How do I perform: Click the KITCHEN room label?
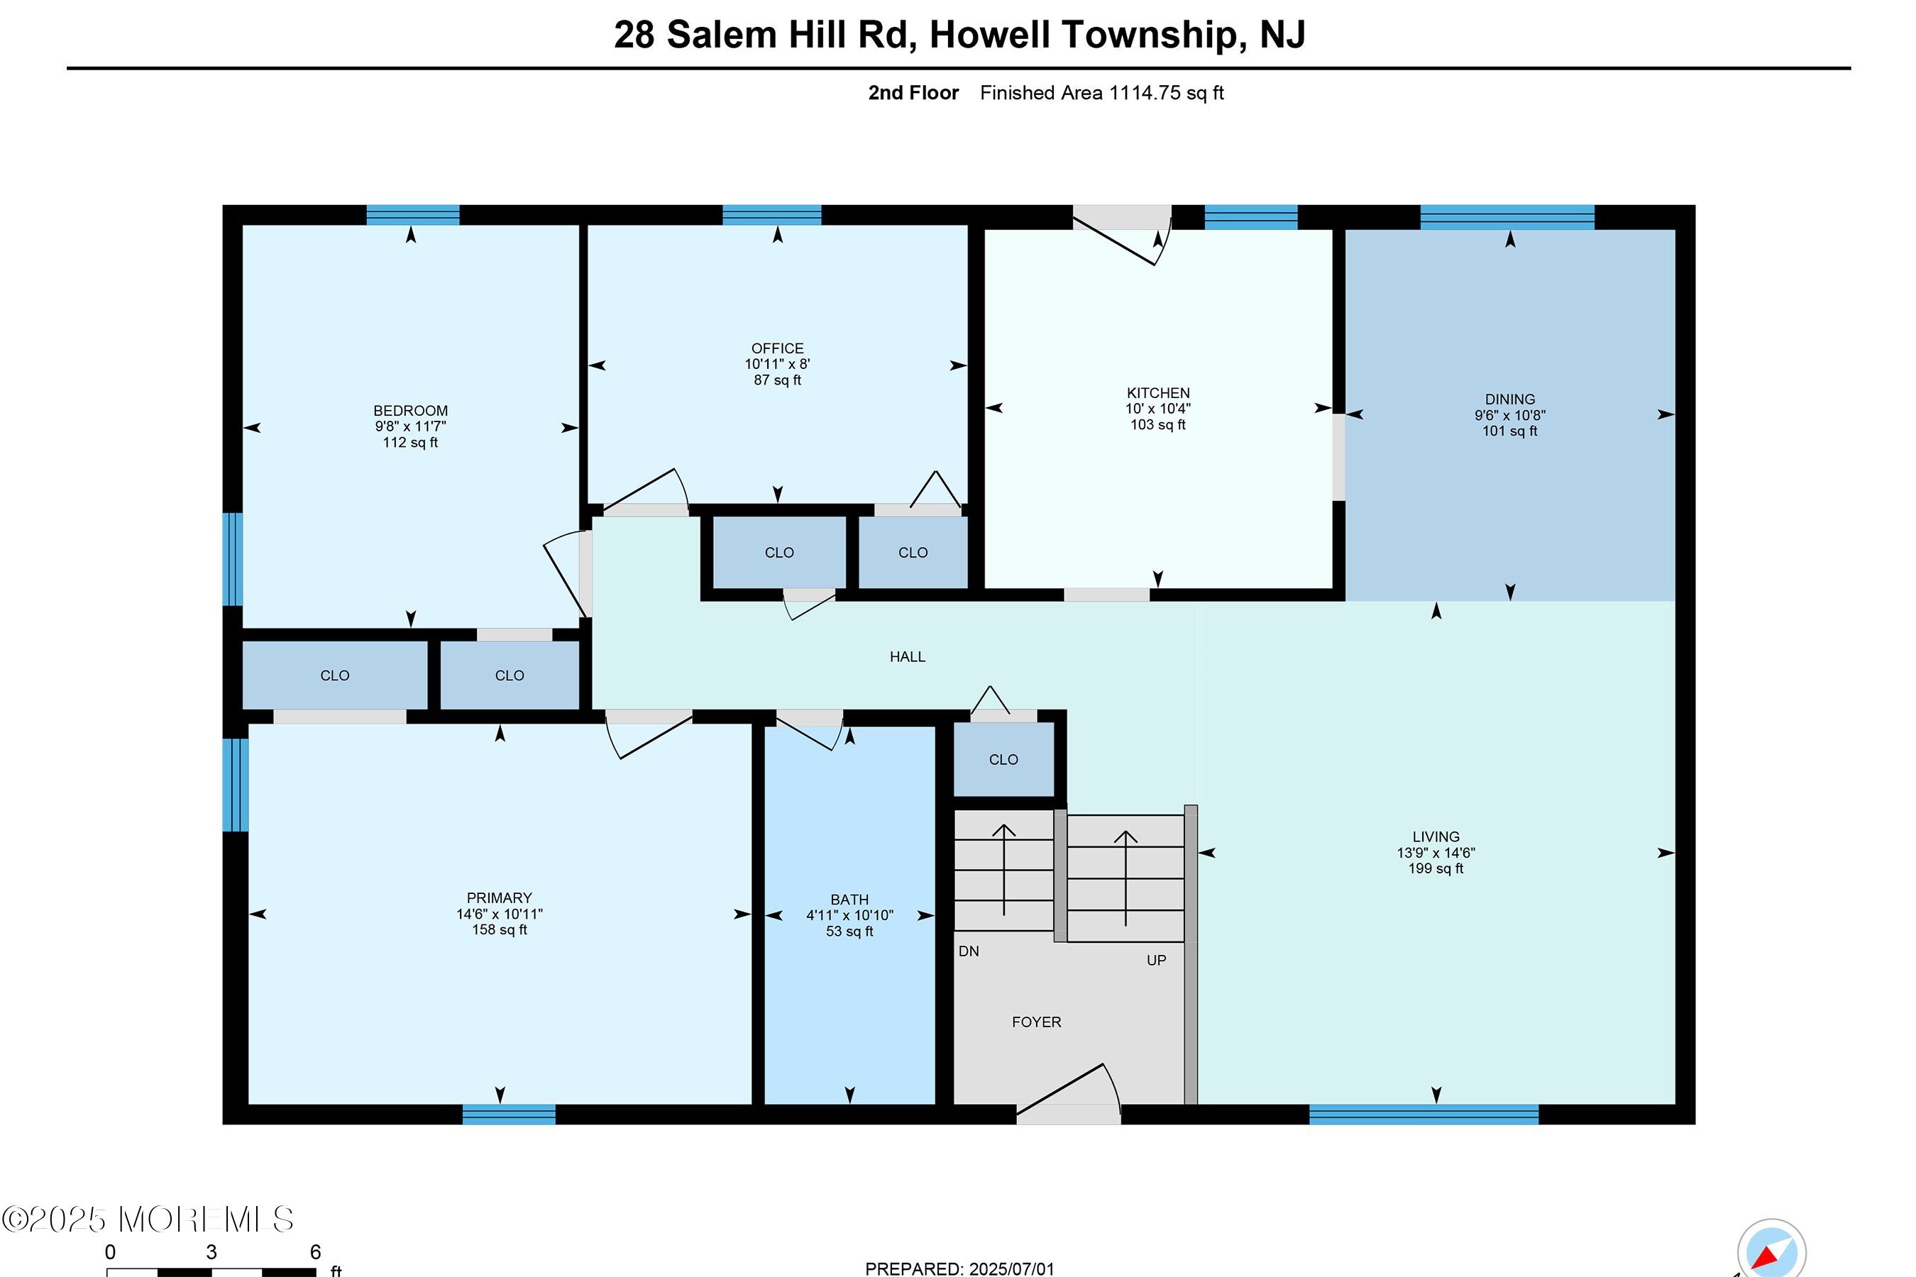tap(1157, 392)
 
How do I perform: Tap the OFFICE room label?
tap(777, 348)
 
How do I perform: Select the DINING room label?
tap(1509, 399)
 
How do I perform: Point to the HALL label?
tap(908, 656)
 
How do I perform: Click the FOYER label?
tap(1036, 1022)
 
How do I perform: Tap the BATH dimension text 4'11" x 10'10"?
tap(849, 915)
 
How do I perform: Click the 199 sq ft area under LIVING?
tap(1436, 868)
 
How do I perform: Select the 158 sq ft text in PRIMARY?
tap(500, 929)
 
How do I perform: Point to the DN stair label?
tap(969, 951)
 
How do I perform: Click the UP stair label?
tap(1156, 960)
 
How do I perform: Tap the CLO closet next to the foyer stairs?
tap(1003, 760)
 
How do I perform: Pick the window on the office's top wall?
tap(771, 215)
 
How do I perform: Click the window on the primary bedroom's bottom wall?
tap(508, 1114)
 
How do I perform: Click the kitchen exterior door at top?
tap(1122, 235)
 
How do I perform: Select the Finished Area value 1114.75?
tap(1144, 93)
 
